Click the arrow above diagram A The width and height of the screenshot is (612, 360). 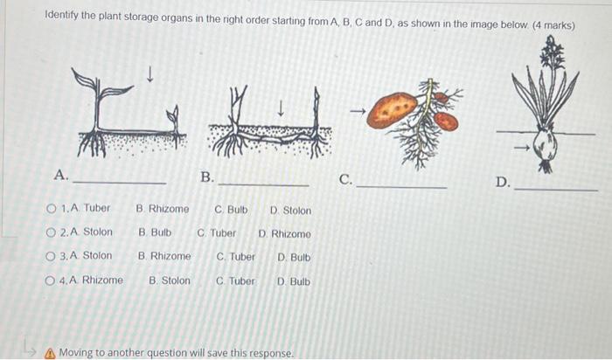click(150, 77)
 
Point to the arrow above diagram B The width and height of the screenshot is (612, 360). click(281, 108)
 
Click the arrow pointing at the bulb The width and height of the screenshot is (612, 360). click(521, 149)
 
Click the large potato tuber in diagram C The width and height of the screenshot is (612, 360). click(392, 110)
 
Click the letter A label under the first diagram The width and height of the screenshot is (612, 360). click(60, 175)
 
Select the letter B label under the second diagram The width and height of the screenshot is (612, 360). click(206, 177)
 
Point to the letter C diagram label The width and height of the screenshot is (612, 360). click(345, 180)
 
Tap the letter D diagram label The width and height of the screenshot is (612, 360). click(502, 182)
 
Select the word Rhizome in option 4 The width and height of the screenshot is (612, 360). click(102, 280)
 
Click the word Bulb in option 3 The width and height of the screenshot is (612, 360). click(300, 257)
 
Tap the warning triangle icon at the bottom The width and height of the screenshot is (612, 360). click(49, 353)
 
